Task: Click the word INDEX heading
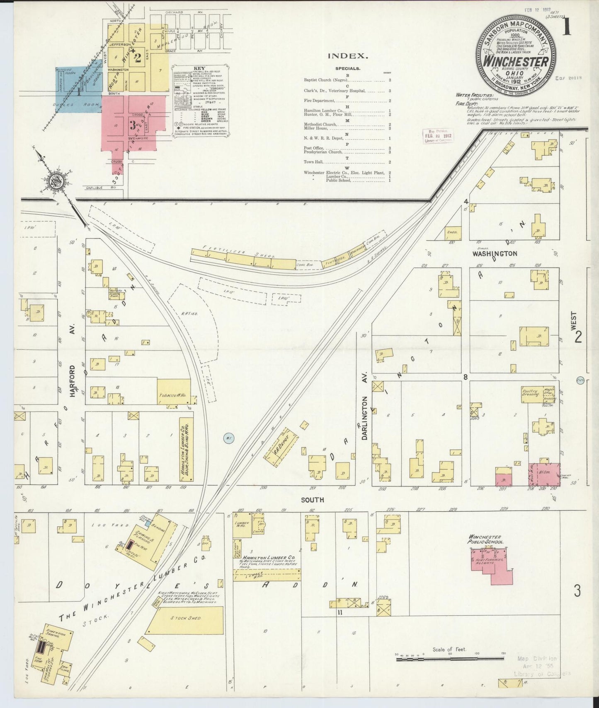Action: click(x=348, y=55)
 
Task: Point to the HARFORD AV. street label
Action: click(x=73, y=381)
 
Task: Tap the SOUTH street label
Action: click(x=313, y=500)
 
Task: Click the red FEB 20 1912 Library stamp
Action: click(x=437, y=136)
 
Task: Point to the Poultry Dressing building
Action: click(x=532, y=393)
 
